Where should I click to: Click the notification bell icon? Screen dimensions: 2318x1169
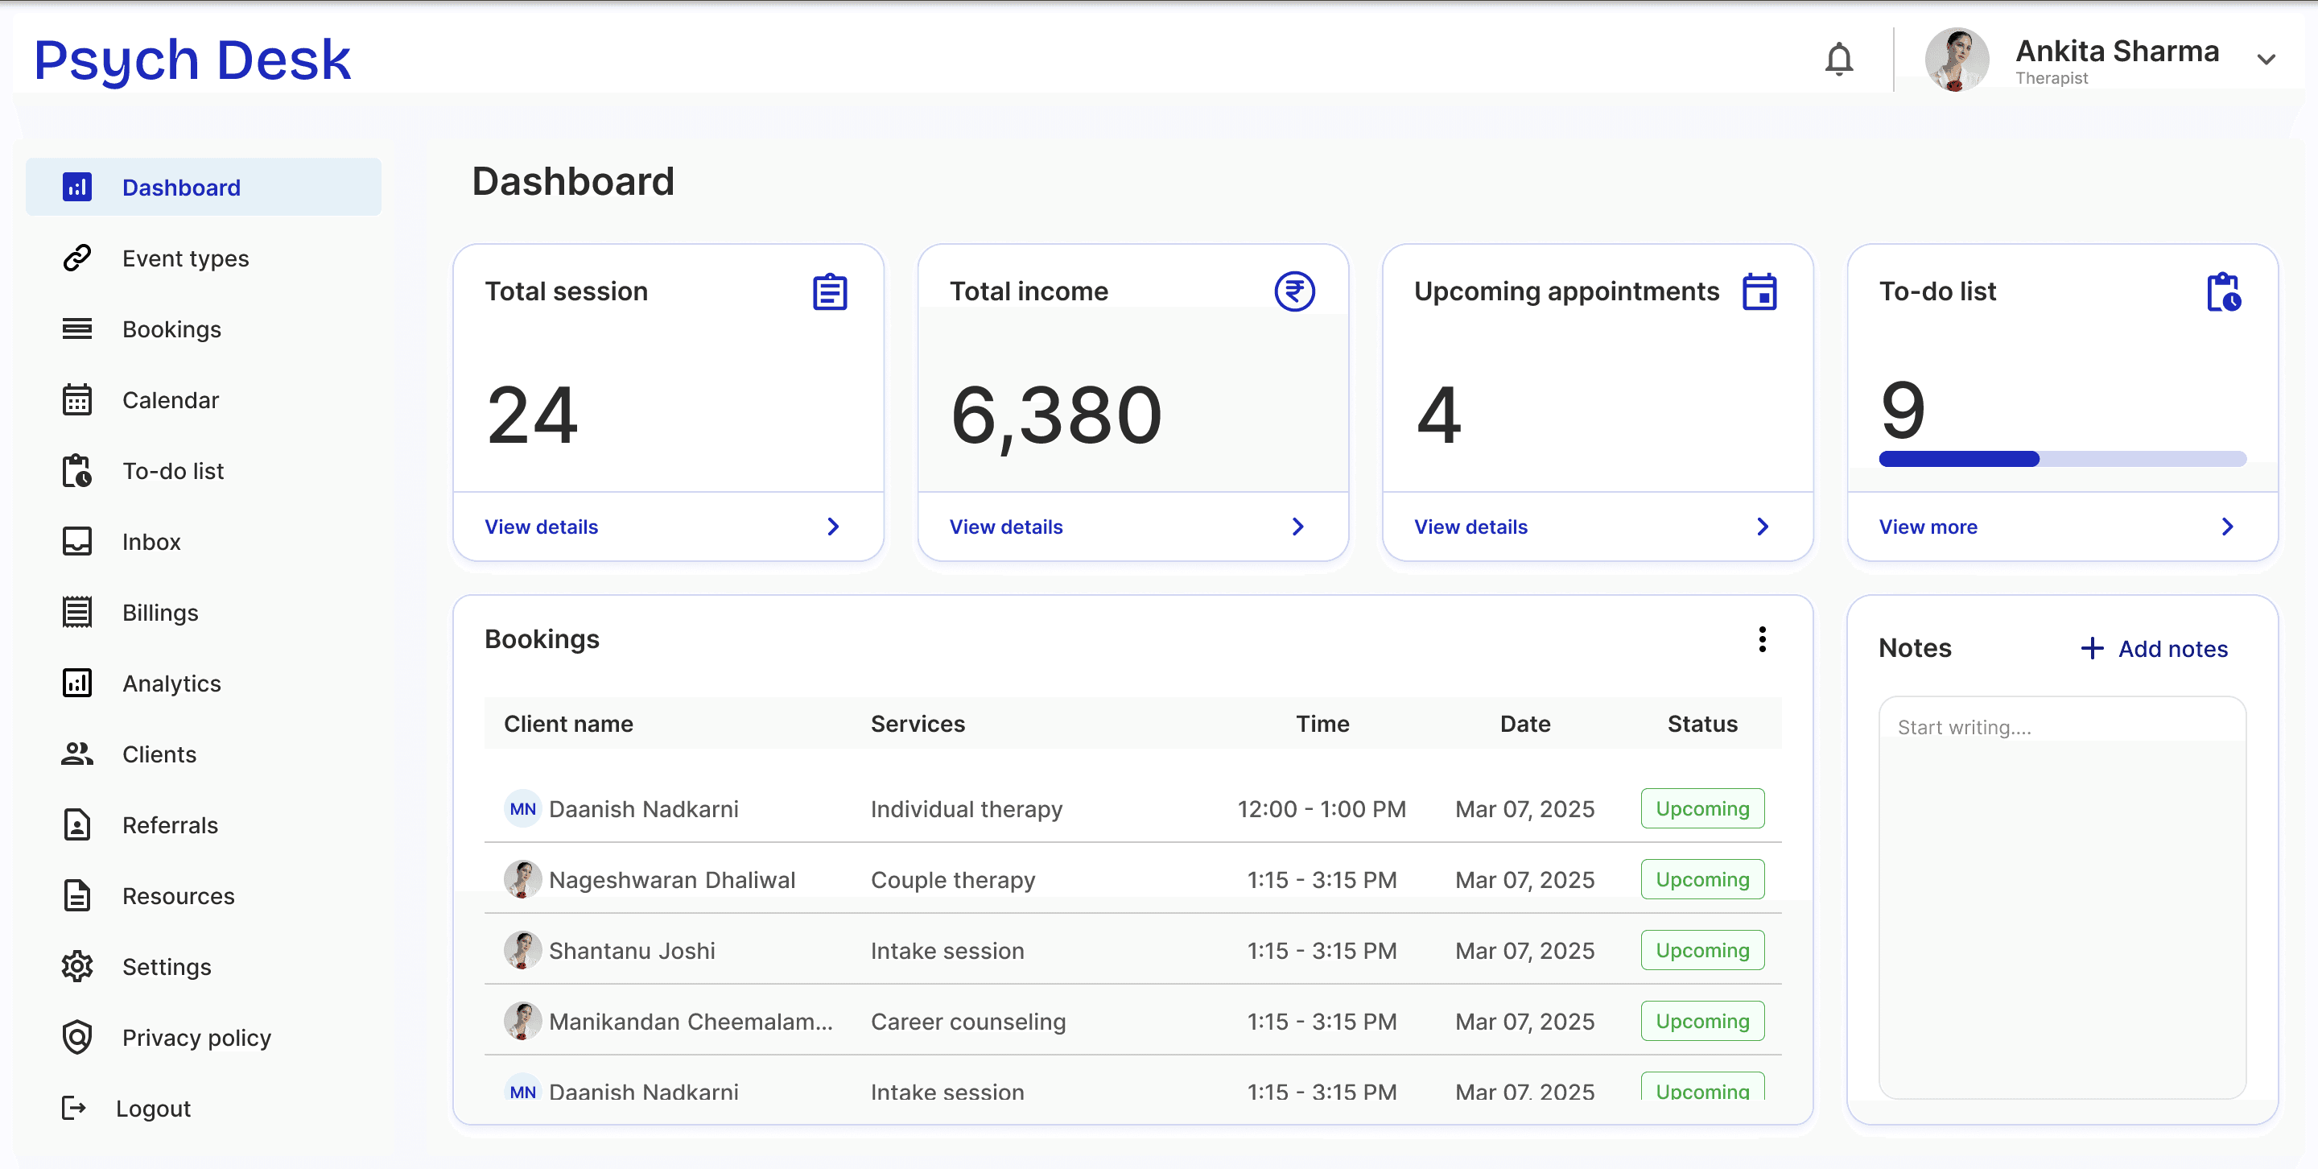pos(1838,60)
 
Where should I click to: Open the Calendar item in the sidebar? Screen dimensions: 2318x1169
pos(170,399)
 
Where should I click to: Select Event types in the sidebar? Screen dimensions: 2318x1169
pos(185,258)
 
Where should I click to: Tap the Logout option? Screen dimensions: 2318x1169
pos(153,1108)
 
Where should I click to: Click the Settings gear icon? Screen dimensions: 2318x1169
pos(77,966)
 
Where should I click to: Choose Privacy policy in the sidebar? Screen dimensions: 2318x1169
pos(196,1038)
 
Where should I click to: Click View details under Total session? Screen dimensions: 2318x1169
pos(541,527)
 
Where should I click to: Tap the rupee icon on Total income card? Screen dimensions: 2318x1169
pos(1294,291)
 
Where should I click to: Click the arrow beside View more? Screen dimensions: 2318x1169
pos(2227,527)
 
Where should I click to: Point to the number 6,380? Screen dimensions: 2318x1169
pos(1057,415)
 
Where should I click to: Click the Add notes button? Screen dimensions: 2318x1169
pos(2155,649)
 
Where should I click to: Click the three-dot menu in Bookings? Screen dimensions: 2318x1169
pos(1762,639)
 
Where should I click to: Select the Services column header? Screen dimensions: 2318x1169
pos(918,724)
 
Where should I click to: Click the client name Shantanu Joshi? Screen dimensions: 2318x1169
pos(632,950)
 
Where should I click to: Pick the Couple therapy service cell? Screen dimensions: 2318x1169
pos(953,879)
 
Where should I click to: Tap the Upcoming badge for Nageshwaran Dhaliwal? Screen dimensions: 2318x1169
pos(1702,879)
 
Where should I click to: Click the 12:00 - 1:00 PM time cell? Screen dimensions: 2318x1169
pos(1322,808)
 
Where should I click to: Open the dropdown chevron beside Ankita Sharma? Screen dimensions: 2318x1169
pos(2266,60)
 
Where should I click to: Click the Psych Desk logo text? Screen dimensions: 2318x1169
pos(192,60)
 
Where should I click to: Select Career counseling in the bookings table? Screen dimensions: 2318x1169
pos(968,1022)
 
